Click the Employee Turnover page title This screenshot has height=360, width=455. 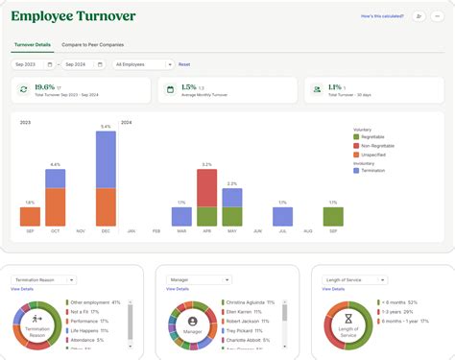pos(73,16)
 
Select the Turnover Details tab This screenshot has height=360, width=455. pos(32,45)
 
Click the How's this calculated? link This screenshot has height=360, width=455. pos(380,16)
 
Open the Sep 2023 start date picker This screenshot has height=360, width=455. pos(33,64)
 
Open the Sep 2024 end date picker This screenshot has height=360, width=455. pos(84,64)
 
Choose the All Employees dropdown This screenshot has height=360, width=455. pos(142,64)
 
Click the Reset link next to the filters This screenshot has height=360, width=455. pos(184,64)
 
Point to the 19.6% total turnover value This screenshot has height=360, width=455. pos(42,86)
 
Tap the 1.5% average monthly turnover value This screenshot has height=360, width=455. pos(188,86)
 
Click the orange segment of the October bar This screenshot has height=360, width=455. pos(56,206)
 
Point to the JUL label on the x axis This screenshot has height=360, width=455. pos(281,231)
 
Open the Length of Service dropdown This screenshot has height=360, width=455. pos(354,279)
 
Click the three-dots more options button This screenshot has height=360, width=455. pos(438,16)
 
